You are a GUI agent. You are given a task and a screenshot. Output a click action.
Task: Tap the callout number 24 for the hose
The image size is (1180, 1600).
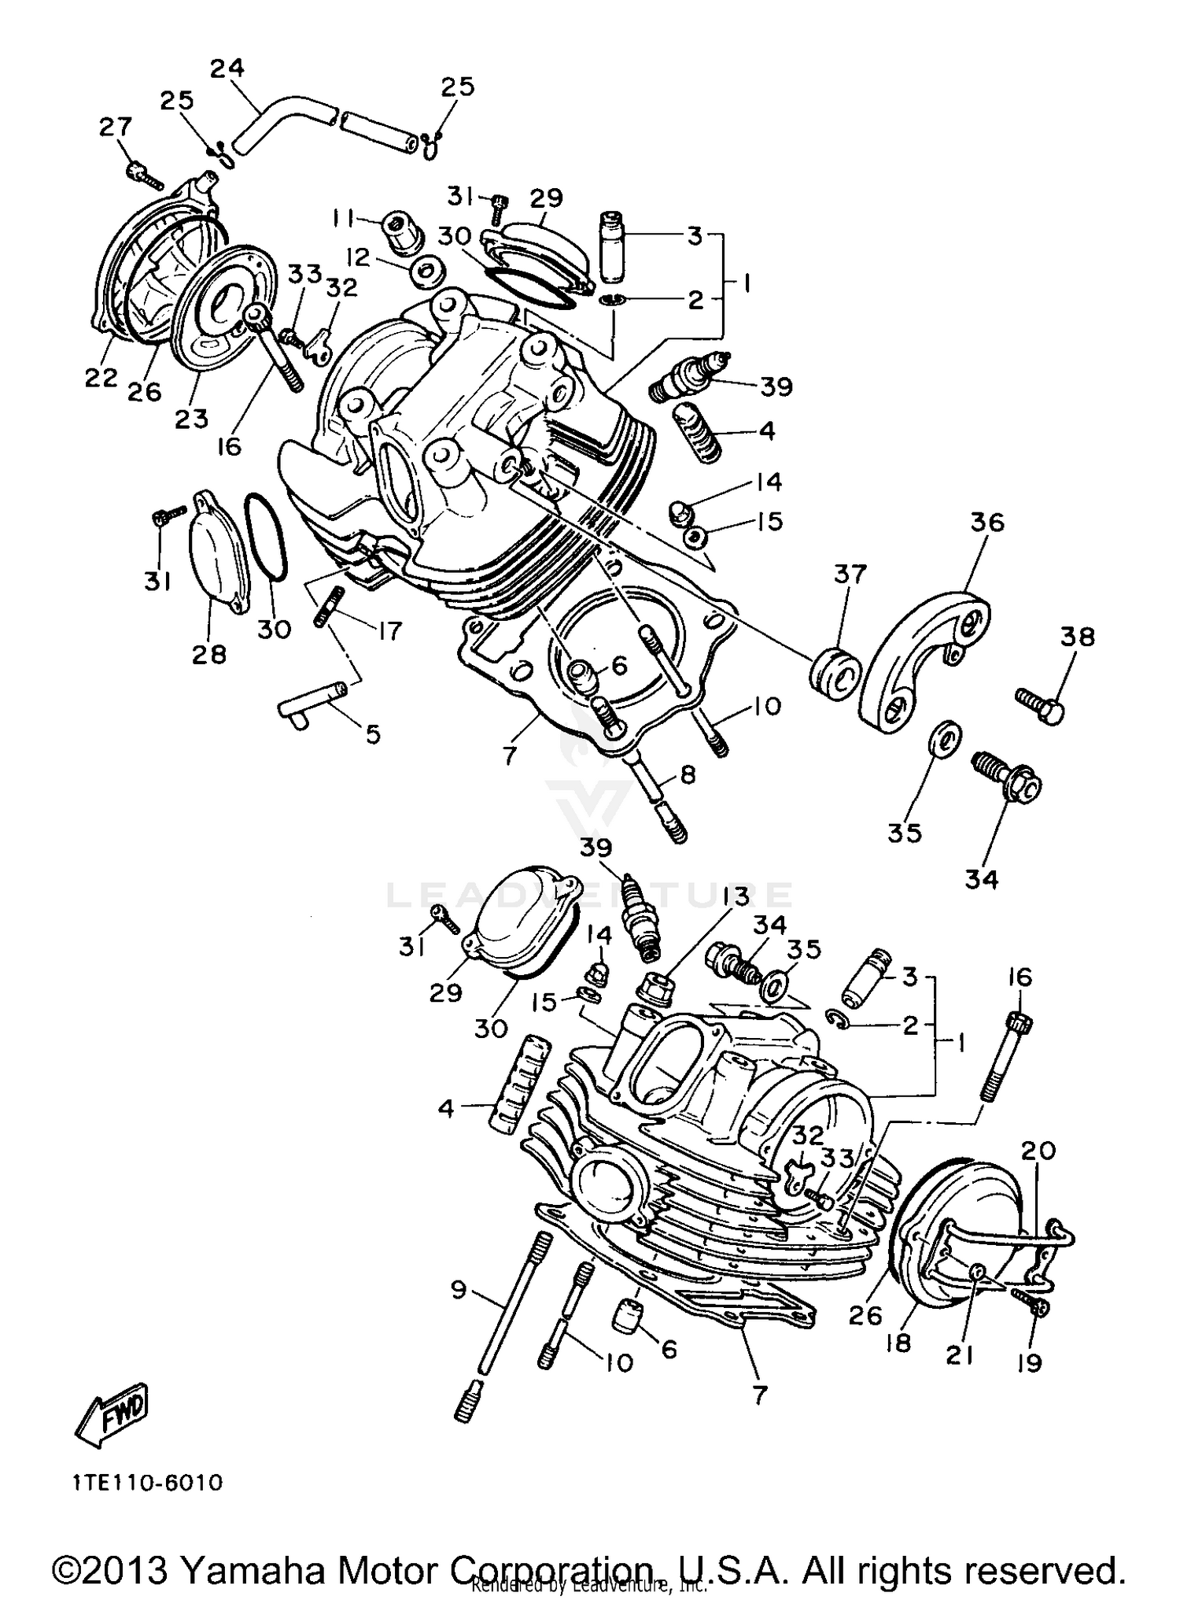(x=227, y=68)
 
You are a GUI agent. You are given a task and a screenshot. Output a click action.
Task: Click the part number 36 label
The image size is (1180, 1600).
(x=987, y=522)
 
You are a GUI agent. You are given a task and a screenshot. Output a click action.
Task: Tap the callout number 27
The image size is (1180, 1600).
(x=116, y=126)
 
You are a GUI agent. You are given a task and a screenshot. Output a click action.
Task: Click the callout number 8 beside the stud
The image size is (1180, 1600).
(x=688, y=775)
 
